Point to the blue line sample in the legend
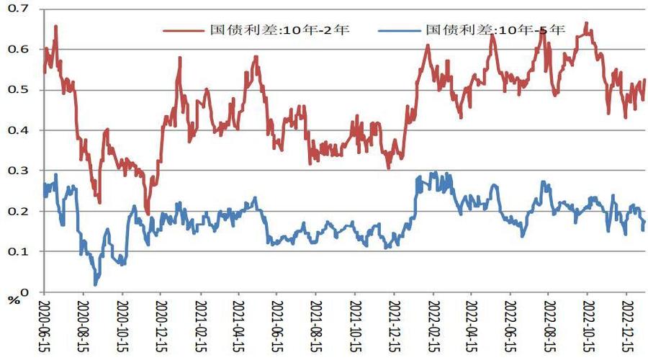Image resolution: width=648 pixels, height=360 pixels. [400, 30]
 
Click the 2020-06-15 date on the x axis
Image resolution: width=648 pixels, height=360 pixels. [43, 324]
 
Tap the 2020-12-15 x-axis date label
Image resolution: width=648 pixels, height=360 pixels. [160, 324]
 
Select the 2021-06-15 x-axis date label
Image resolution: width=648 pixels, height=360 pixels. [276, 324]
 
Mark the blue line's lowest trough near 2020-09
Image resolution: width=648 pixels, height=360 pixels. [96, 284]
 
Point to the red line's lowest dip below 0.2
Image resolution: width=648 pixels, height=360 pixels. [148, 214]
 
